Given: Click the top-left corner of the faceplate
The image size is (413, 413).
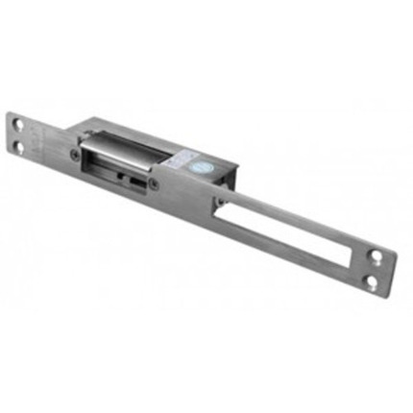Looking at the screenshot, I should (x=12, y=112).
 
